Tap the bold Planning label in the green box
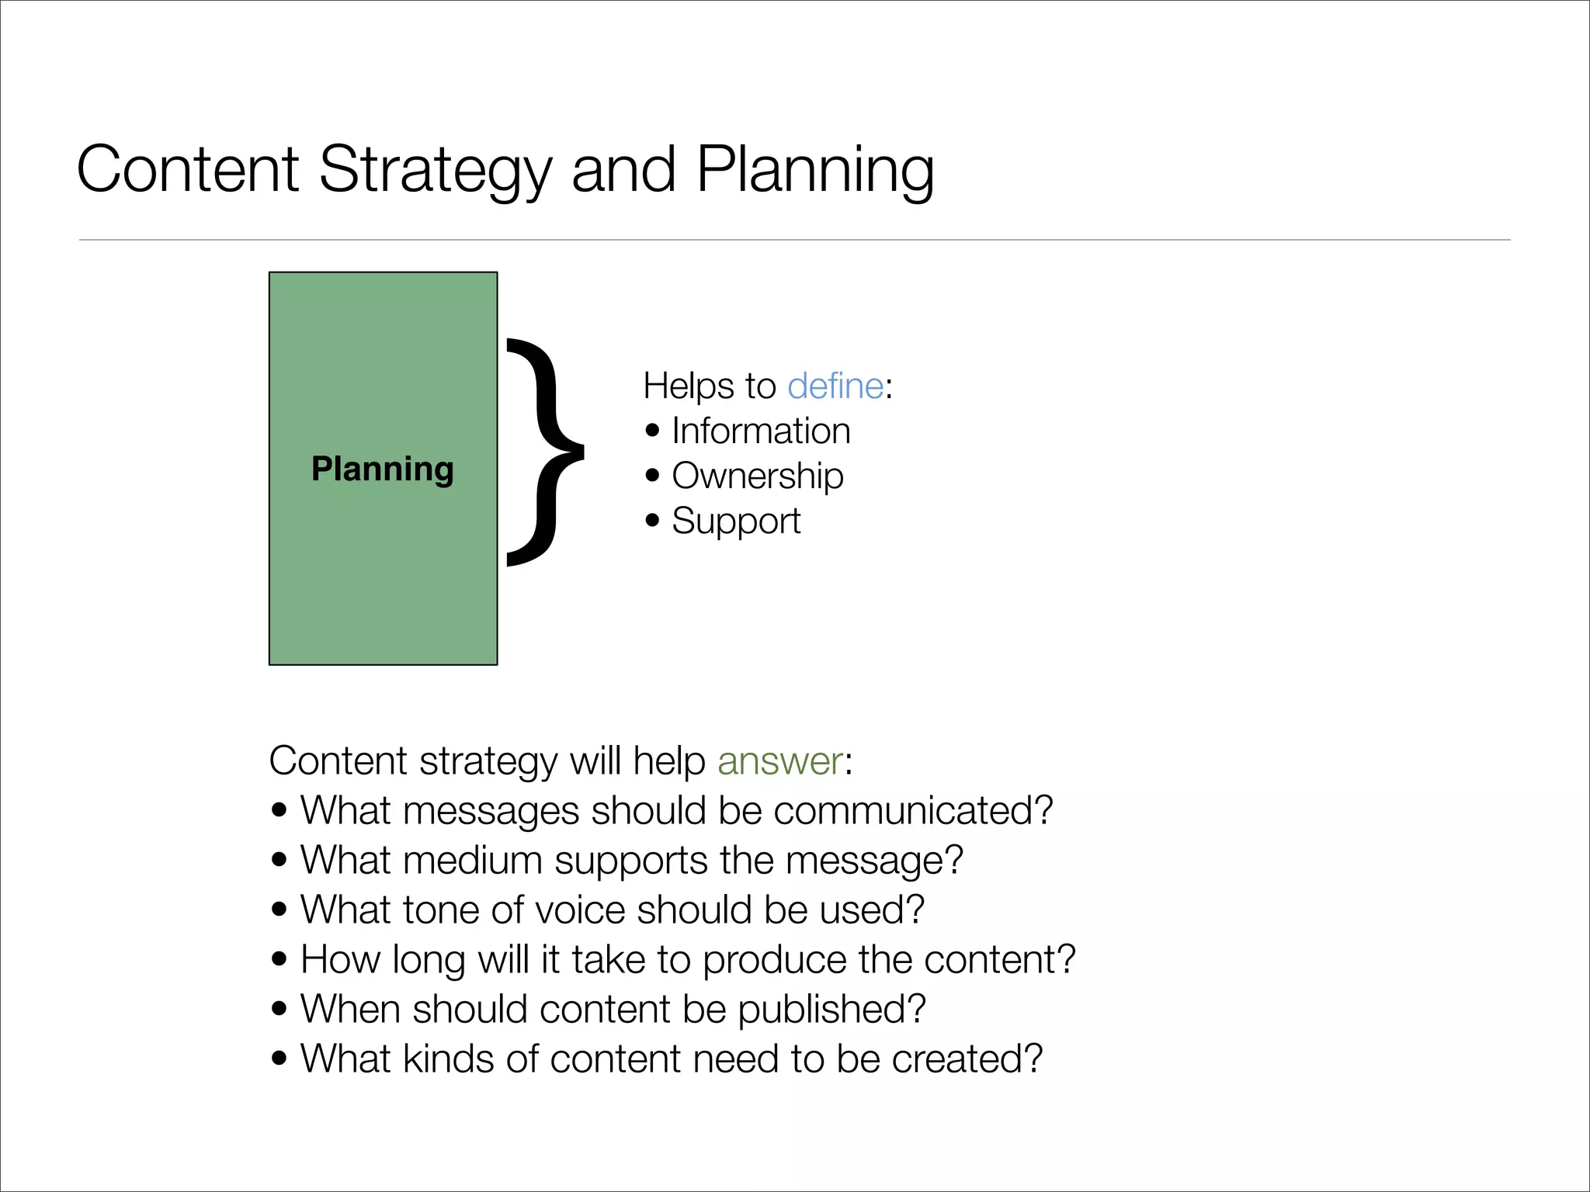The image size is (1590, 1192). (383, 469)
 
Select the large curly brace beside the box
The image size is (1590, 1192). (543, 452)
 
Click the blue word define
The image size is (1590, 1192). (835, 386)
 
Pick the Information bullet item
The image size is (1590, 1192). (761, 431)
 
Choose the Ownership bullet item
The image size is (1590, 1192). (757, 476)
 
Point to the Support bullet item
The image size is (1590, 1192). (736, 521)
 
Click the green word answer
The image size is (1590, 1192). (779, 761)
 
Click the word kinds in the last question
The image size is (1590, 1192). (448, 1059)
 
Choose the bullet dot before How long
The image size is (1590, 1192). (279, 959)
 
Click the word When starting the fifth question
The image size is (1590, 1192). (350, 1009)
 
